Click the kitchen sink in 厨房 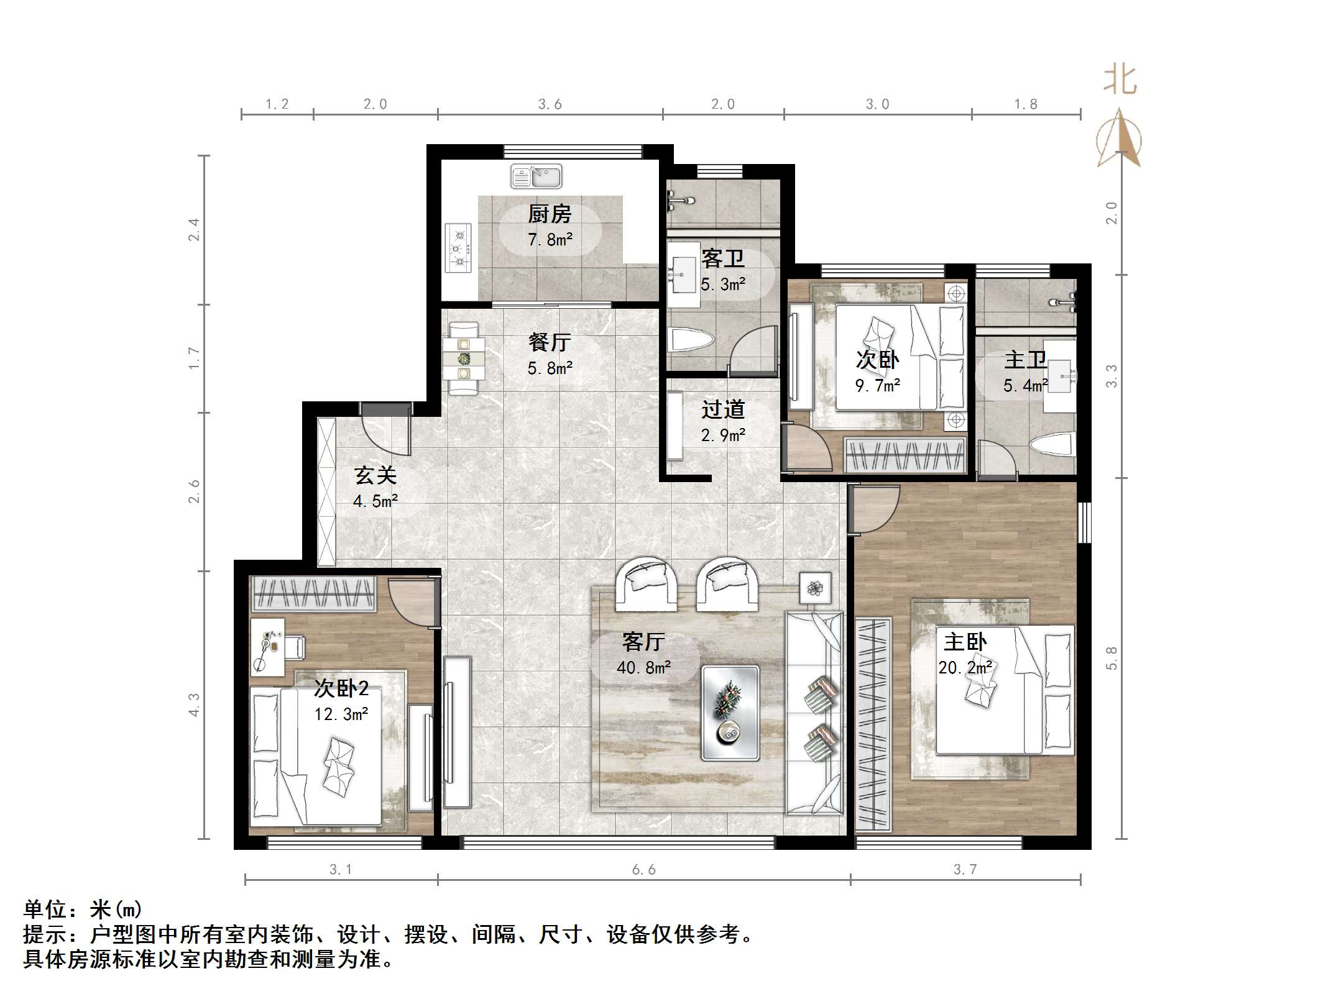536,176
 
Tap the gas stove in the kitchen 459,248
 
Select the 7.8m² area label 550,240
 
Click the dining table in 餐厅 464,359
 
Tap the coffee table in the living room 730,713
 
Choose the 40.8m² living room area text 643,668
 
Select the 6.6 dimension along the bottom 643,870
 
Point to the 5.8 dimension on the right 1112,659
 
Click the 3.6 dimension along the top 550,104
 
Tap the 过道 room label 723,409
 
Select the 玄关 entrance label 375,475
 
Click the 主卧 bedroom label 965,642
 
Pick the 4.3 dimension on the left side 195,705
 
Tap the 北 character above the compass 1120,81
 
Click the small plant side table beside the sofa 815,587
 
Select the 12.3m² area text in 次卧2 341,714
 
